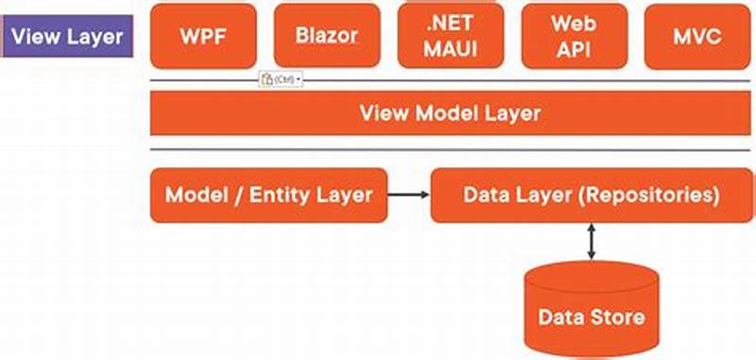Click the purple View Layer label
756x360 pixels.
pyautogui.click(x=67, y=37)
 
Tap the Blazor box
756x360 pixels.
pyautogui.click(x=327, y=36)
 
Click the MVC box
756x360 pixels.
pyautogui.click(x=697, y=37)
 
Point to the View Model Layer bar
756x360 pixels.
pyautogui.click(x=450, y=114)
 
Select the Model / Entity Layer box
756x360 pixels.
pyautogui.click(x=268, y=196)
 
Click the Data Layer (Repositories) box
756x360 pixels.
pyautogui.click(x=592, y=196)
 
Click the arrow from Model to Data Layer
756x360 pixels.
pyautogui.click(x=408, y=196)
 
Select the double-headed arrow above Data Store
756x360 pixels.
pyautogui.click(x=592, y=242)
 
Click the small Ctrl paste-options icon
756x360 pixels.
pyautogui.click(x=281, y=79)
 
